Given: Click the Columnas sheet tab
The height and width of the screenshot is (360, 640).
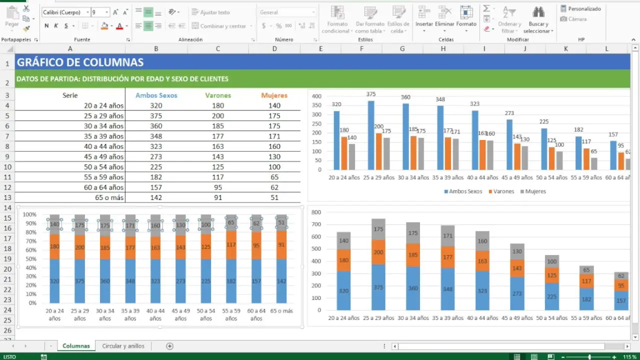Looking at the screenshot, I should (76, 346).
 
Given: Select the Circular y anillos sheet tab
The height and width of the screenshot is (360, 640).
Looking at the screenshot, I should (123, 346).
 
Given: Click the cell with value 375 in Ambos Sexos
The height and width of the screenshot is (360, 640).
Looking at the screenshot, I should (156, 115).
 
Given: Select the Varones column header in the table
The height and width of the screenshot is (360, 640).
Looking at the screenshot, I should (218, 95).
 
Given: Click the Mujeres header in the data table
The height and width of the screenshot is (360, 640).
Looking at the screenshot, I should (274, 95).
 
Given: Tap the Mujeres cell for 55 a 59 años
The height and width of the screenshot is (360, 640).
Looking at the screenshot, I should (274, 177).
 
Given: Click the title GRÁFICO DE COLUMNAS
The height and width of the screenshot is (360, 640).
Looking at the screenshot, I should (80, 62).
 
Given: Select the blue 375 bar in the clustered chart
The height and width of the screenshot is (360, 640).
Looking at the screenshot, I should (371, 135).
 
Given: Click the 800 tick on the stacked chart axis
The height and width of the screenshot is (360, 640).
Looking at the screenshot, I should (315, 212).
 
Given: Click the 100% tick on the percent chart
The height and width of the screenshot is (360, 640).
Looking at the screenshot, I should (29, 214).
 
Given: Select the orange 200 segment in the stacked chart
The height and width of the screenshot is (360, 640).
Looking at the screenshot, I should (378, 252).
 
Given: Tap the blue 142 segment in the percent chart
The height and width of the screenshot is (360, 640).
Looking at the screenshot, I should (281, 281).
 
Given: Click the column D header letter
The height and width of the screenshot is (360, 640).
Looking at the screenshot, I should (274, 48).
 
